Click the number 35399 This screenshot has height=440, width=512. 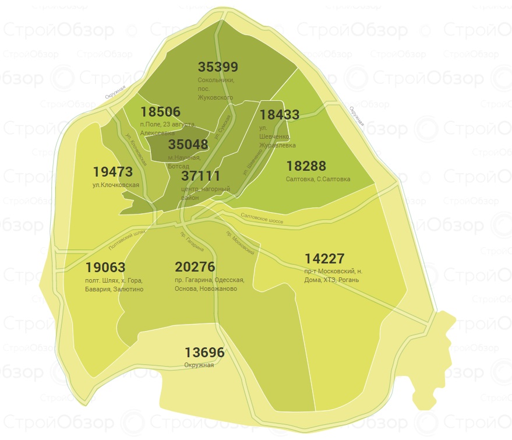[x=218, y=67]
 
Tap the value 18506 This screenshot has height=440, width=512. [x=161, y=112]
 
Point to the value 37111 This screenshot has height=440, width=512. [x=200, y=176]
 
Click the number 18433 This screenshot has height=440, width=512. [x=280, y=115]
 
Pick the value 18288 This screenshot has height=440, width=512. [x=306, y=167]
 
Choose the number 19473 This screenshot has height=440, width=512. [x=113, y=172]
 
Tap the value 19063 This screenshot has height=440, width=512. [x=105, y=267]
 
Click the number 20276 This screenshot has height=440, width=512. [x=195, y=267]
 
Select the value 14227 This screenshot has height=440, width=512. [x=324, y=258]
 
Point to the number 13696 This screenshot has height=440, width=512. [x=204, y=353]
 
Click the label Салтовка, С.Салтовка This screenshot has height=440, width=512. [x=318, y=179]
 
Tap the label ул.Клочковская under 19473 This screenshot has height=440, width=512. [x=115, y=185]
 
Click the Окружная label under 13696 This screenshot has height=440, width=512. [x=199, y=365]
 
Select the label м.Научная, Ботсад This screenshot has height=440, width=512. [x=184, y=162]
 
